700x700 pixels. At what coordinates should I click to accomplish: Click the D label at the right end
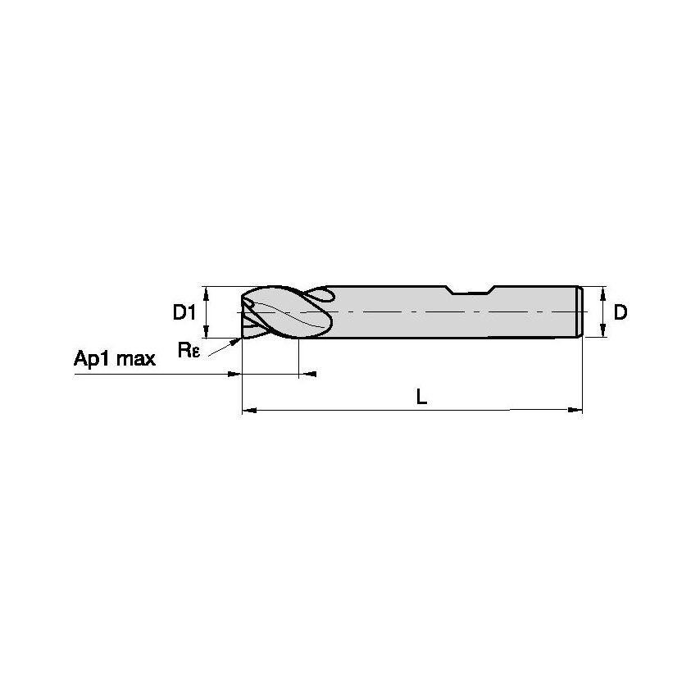(x=620, y=312)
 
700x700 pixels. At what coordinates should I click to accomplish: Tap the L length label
(x=420, y=398)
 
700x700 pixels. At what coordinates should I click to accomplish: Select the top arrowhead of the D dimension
(x=604, y=291)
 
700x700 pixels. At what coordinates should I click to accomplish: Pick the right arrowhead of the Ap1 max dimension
(x=309, y=374)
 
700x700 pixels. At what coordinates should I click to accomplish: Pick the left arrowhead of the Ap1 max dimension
(x=234, y=374)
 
